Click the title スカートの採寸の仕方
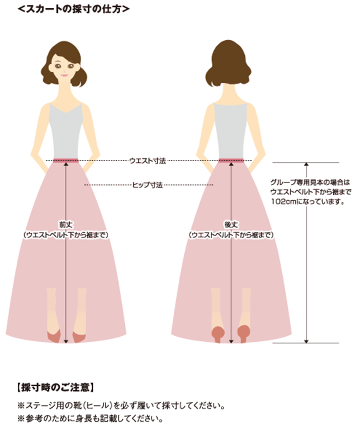click(x=73, y=8)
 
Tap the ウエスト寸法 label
click(x=147, y=161)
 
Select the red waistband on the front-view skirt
click(x=66, y=161)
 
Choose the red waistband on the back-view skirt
click(x=230, y=161)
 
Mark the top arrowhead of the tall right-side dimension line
click(x=306, y=165)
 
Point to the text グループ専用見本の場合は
click(x=309, y=182)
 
